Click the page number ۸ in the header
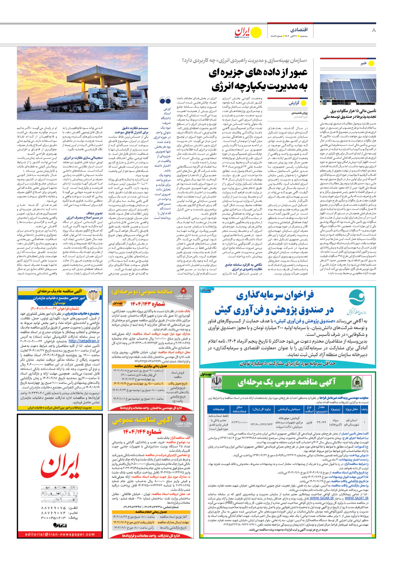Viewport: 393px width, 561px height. point(374,30)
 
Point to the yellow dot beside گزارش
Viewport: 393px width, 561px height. point(304,103)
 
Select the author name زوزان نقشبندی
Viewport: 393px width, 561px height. point(299,113)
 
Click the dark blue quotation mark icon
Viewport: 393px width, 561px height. point(165,101)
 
